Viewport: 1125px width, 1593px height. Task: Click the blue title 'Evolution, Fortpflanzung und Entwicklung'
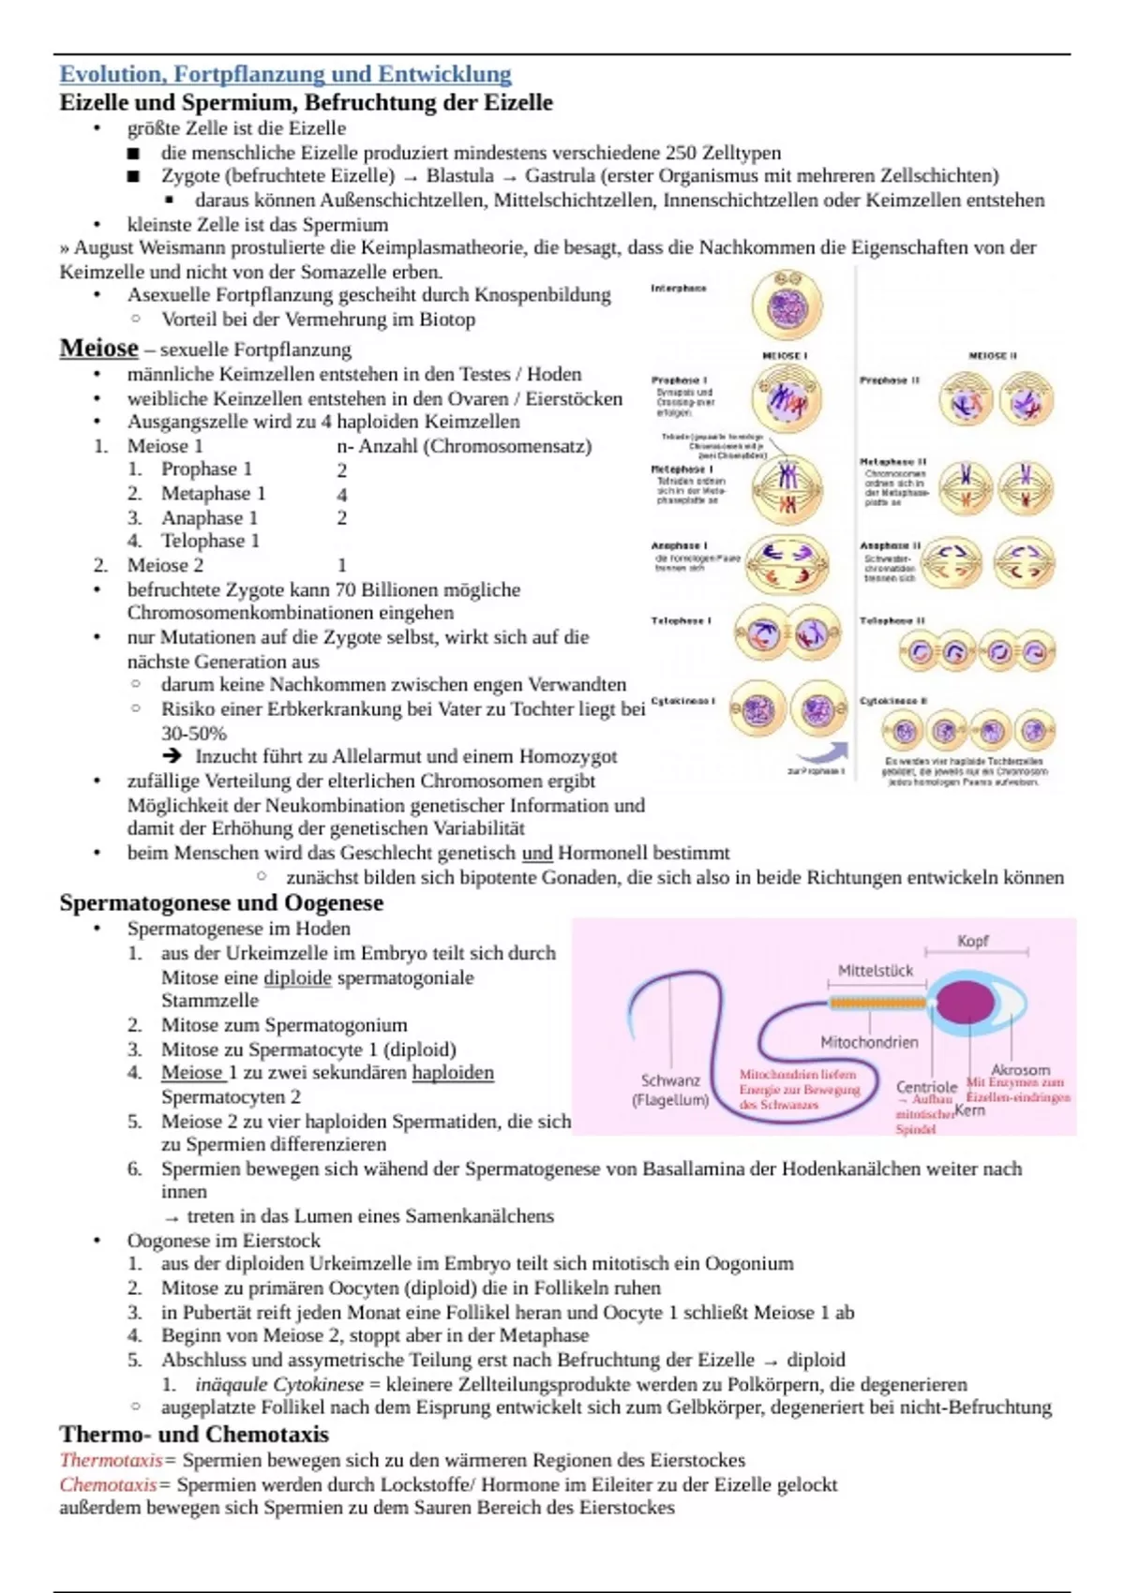click(285, 74)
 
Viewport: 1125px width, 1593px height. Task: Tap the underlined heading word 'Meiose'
click(98, 349)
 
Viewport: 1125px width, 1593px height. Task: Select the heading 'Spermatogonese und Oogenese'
click(221, 902)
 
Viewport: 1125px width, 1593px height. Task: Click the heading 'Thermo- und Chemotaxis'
click(194, 1434)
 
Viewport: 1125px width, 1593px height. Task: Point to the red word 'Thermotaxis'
click(111, 1460)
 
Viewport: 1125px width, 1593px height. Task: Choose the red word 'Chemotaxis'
click(108, 1484)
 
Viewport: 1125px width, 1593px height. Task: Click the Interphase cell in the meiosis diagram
click(787, 305)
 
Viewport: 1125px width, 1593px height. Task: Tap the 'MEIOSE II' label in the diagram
click(992, 356)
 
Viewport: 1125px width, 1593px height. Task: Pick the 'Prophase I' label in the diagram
click(679, 380)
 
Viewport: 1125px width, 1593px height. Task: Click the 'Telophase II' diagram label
click(892, 620)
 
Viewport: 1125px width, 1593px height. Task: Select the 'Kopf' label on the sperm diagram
click(972, 941)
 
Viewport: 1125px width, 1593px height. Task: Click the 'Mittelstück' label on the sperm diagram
click(875, 971)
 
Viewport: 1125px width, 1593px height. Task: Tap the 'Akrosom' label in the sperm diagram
click(1020, 1069)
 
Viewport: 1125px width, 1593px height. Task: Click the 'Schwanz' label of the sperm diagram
click(670, 1080)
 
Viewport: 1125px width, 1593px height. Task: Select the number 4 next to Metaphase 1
click(342, 494)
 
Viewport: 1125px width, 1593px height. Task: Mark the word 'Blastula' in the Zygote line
click(459, 175)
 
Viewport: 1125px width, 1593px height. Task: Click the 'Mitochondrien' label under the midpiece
click(869, 1042)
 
